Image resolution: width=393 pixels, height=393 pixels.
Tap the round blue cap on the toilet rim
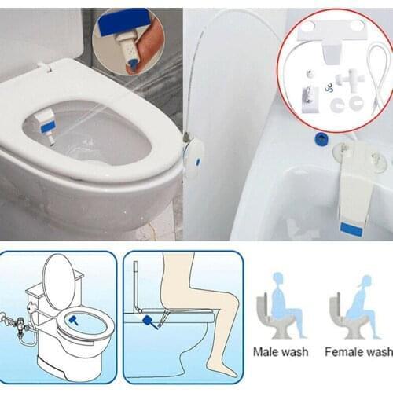coord(320,138)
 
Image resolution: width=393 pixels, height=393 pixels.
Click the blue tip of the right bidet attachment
coord(351,228)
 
